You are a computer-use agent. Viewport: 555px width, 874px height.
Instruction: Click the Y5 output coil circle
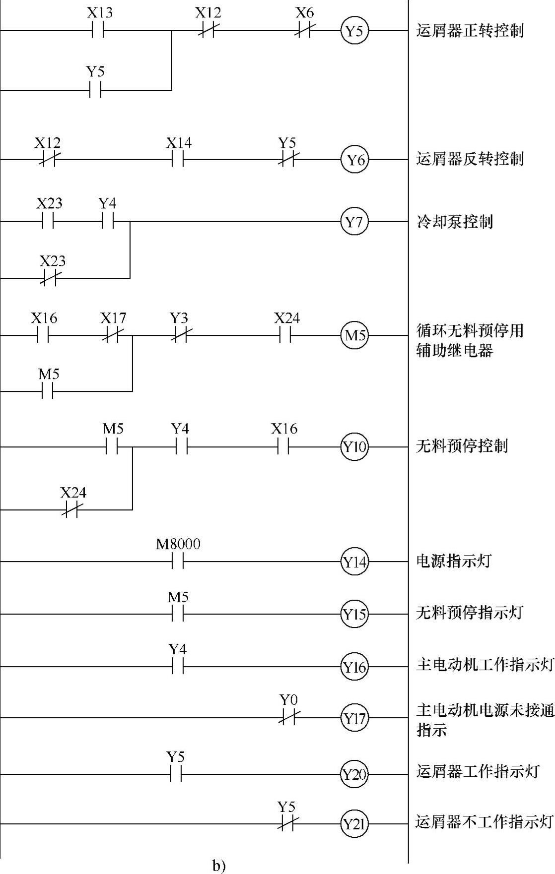click(x=354, y=31)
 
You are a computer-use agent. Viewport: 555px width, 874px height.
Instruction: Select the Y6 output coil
click(x=354, y=160)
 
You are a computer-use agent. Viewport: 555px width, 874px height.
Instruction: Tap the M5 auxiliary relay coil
click(x=354, y=335)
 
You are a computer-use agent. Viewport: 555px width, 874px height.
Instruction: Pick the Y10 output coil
click(x=354, y=447)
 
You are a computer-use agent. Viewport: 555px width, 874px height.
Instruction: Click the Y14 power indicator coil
click(x=354, y=562)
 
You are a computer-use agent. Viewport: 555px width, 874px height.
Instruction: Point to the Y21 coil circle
click(x=354, y=824)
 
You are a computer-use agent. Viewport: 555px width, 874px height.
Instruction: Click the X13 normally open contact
click(x=97, y=31)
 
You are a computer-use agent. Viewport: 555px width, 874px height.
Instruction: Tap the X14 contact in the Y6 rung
click(x=178, y=160)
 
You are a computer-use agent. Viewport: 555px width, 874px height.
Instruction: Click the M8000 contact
click(x=178, y=562)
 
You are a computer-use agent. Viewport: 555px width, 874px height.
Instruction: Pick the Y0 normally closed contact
click(x=287, y=717)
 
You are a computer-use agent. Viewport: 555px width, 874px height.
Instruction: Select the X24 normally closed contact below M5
click(x=72, y=509)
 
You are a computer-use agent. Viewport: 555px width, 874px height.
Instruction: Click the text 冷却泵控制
click(x=454, y=221)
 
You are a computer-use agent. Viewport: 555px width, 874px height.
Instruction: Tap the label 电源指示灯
click(x=453, y=561)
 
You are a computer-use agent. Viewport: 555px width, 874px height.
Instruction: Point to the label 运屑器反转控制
click(x=470, y=159)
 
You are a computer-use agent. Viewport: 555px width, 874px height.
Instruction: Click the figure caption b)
click(x=219, y=866)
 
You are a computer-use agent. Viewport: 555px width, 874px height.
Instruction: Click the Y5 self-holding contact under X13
click(x=96, y=90)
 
